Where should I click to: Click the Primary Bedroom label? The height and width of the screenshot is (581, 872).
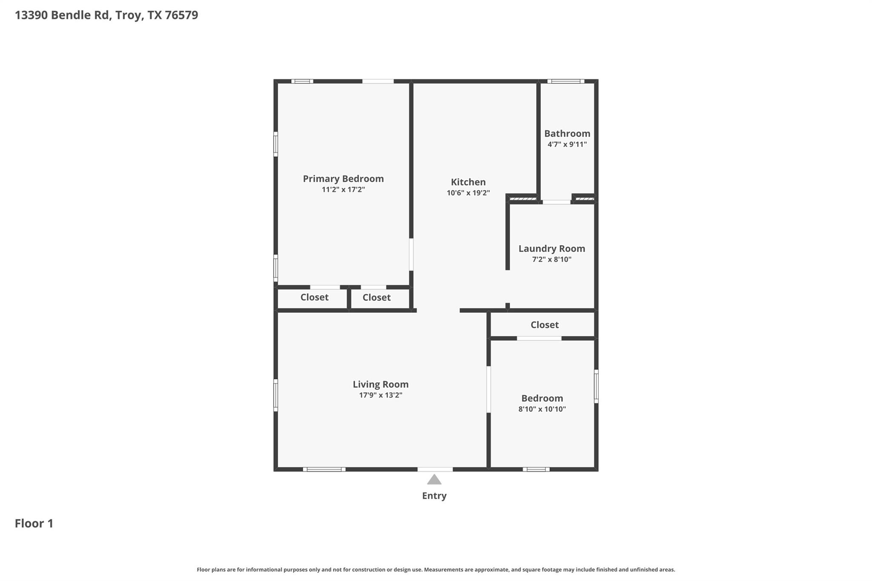(343, 179)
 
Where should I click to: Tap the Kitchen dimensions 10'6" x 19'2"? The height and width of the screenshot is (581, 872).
(468, 193)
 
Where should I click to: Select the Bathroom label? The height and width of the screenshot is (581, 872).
(567, 134)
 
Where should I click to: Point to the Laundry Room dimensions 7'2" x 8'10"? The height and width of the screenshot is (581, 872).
(551, 259)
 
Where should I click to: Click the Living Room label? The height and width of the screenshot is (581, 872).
(380, 384)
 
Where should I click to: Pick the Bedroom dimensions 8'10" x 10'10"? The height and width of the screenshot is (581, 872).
(542, 409)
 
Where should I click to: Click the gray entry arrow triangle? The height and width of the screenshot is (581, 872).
(434, 480)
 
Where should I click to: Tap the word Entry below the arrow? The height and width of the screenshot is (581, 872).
(434, 495)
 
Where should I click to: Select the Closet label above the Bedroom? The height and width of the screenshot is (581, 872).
(544, 325)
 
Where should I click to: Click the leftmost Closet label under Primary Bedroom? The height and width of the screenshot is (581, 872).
(314, 297)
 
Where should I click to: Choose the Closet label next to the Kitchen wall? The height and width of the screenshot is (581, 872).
(376, 298)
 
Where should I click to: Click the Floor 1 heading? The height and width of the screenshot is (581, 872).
(34, 523)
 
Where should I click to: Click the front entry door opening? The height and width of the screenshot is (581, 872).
(435, 469)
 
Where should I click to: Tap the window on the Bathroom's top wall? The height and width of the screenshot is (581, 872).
(565, 81)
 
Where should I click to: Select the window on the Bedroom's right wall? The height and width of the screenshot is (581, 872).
(596, 386)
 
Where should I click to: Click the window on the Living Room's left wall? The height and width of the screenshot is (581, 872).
(275, 395)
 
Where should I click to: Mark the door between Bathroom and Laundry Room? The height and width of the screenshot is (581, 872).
(556, 202)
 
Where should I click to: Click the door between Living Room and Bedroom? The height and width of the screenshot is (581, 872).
(488, 389)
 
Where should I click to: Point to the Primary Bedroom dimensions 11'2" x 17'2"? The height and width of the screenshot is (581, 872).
(343, 189)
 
